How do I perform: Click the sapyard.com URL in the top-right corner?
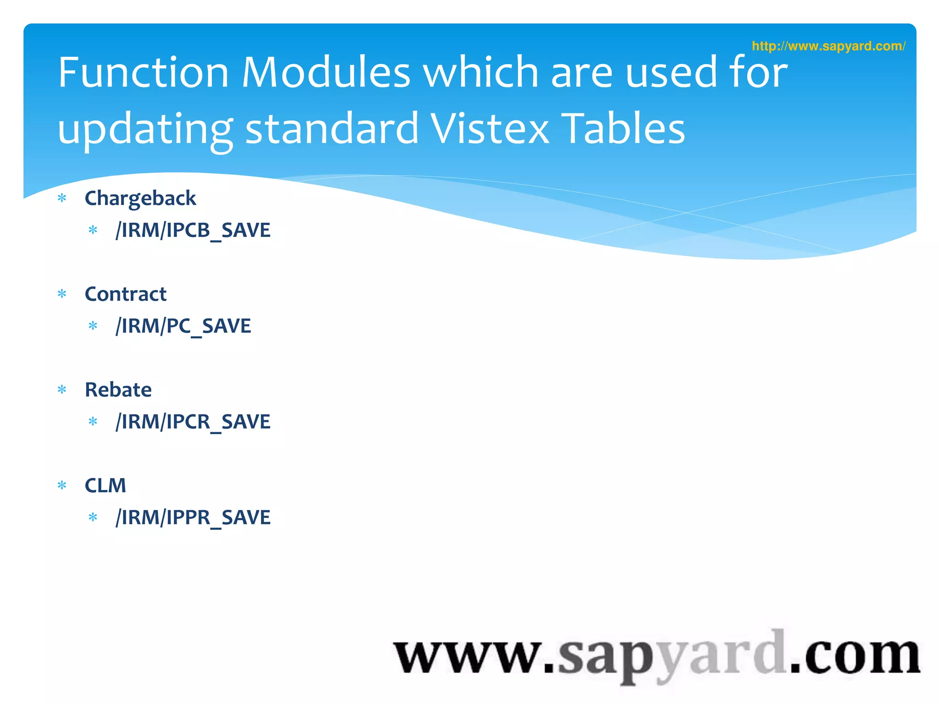click(828, 46)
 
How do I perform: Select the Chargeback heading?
click(140, 198)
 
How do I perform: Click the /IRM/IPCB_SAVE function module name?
click(193, 230)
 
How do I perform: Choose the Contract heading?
click(126, 294)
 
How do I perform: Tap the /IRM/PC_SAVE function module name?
click(183, 326)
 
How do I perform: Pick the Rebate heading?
click(118, 390)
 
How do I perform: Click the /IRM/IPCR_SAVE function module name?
click(193, 422)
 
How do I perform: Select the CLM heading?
click(105, 485)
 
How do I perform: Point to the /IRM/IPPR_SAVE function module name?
click(193, 517)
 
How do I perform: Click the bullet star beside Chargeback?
click(62, 198)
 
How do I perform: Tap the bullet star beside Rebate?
click(62, 390)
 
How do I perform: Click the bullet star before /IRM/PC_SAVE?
click(93, 326)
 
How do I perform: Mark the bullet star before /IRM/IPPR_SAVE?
click(93, 517)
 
